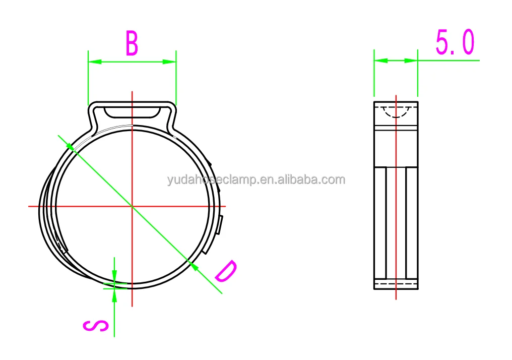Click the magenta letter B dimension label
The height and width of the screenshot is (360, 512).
click(132, 43)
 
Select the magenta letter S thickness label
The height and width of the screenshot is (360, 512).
click(95, 326)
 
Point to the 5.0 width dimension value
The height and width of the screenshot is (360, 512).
click(455, 42)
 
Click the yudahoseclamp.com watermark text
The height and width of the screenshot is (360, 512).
click(256, 180)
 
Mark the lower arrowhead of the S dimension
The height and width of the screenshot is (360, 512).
click(114, 295)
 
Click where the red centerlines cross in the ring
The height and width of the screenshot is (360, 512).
click(132, 206)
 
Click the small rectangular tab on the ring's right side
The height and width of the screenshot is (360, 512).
click(221, 225)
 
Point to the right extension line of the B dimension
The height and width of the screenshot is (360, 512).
click(176, 76)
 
